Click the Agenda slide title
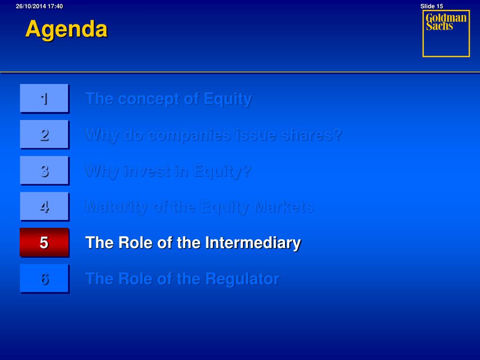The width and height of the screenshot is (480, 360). tap(67, 30)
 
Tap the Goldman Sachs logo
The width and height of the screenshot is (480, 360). tap(446, 33)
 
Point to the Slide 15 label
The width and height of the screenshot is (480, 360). tap(431, 6)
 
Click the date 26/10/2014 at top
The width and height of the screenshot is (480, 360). tap(30, 6)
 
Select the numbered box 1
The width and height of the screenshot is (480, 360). tap(45, 98)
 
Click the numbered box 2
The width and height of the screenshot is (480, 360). tap(45, 135)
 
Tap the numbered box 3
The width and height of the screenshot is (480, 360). tap(45, 171)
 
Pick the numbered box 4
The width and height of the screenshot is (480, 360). tap(45, 206)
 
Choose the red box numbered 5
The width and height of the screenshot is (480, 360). tap(45, 242)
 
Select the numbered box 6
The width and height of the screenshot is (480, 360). tap(45, 278)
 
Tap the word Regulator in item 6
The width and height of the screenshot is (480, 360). tap(242, 279)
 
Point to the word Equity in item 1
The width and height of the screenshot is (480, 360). tap(228, 99)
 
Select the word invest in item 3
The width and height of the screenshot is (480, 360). tap(146, 171)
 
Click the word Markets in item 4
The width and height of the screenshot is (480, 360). tap(284, 207)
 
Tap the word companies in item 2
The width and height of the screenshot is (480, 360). tap(189, 135)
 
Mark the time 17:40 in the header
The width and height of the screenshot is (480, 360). tap(55, 6)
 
